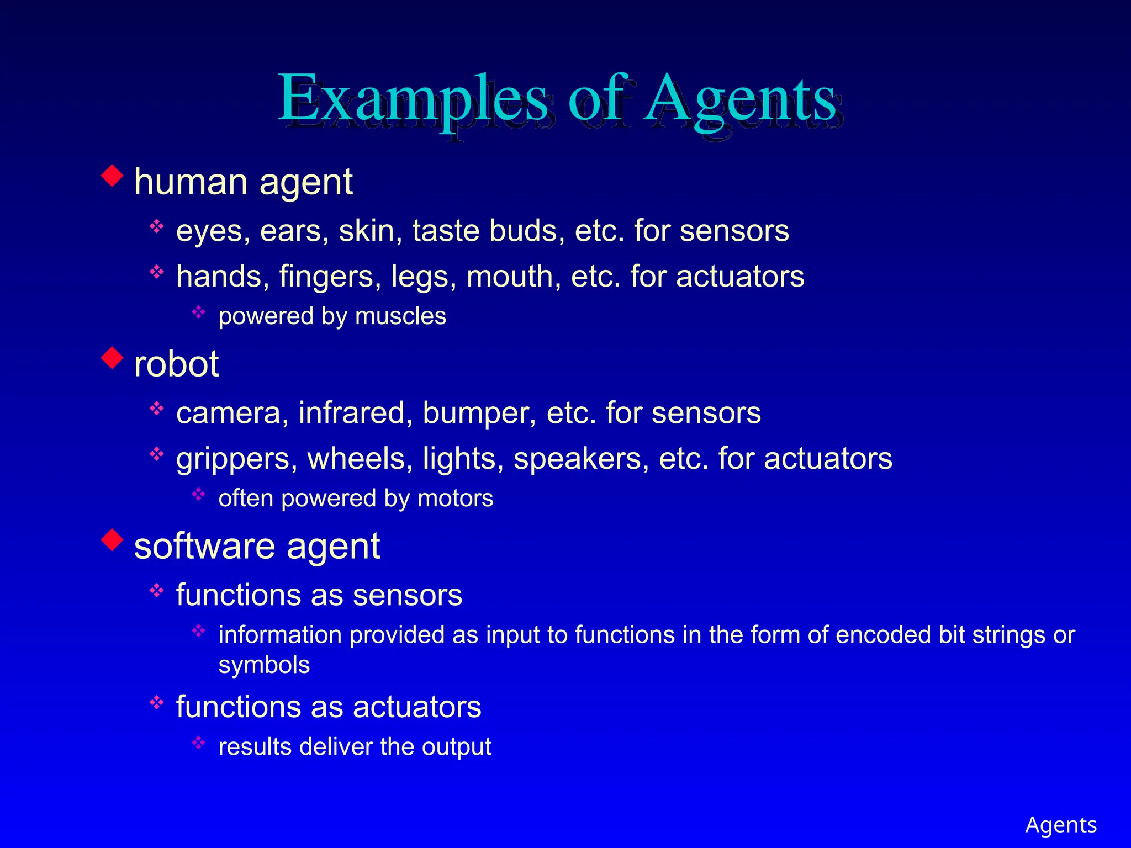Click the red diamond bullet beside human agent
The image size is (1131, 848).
[112, 176]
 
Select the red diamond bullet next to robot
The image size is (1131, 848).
[112, 358]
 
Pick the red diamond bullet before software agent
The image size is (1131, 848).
[112, 540]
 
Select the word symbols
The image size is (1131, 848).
[264, 665]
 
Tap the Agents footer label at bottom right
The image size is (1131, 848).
[1061, 825]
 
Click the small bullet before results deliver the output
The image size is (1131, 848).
[199, 743]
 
